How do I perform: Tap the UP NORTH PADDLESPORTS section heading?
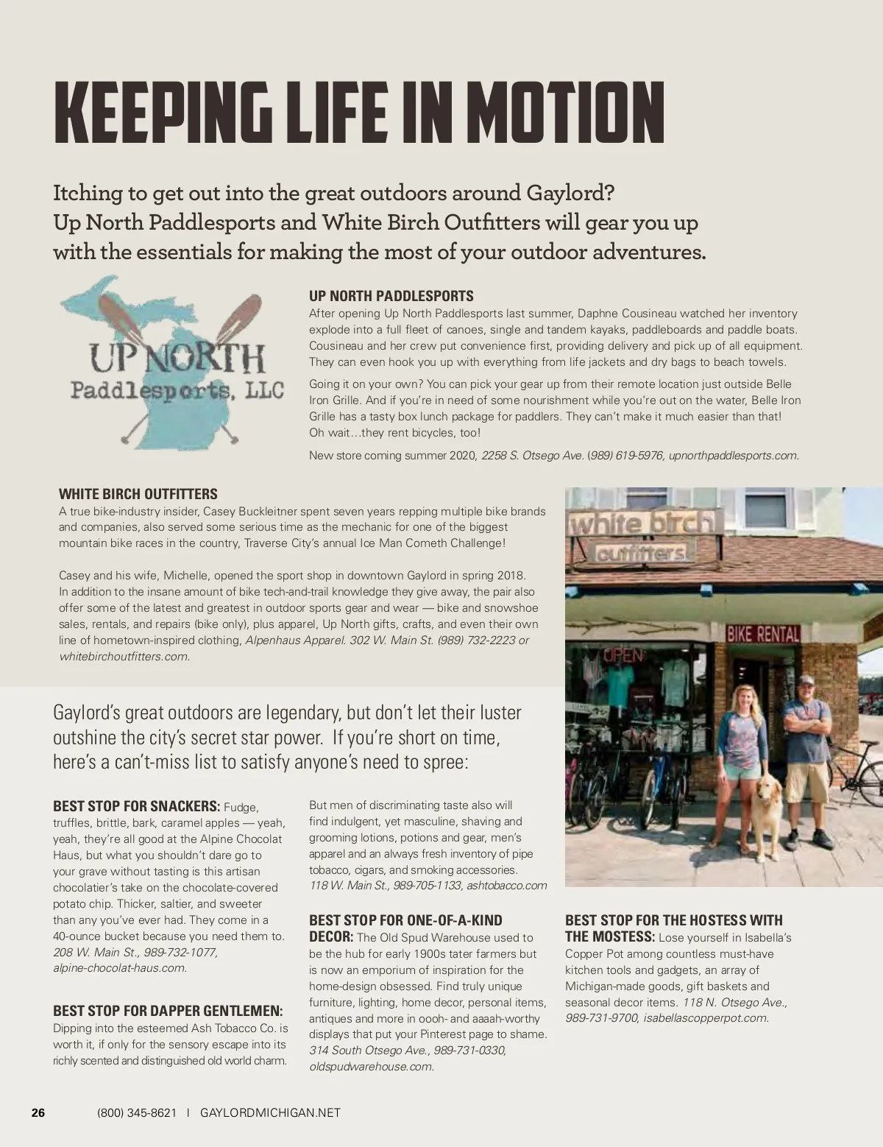391,296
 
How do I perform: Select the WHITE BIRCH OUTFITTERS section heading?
138,494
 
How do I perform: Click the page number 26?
38,1112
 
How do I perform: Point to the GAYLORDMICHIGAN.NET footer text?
270,1112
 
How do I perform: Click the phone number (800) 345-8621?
137,1112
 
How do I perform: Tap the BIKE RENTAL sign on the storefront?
762,633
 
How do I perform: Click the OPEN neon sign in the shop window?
623,654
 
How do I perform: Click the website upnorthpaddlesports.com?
733,455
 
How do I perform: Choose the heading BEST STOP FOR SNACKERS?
136,805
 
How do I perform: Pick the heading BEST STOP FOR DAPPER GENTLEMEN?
168,1011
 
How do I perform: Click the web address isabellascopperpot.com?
705,1017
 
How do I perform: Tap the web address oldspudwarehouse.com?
371,1066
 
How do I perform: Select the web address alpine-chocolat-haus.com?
118,967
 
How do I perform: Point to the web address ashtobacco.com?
507,885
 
